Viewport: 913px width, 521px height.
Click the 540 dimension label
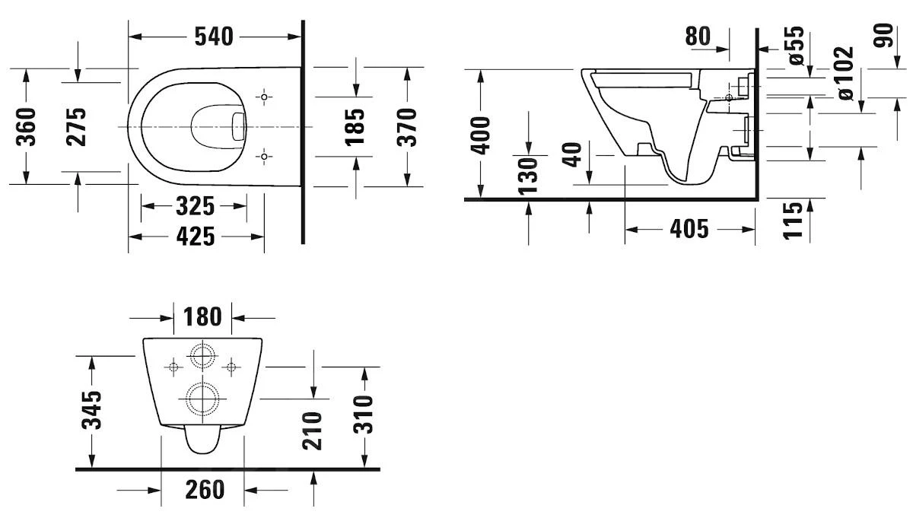click(x=213, y=36)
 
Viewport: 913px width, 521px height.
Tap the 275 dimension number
click(x=77, y=126)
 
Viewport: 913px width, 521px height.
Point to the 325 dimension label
click(x=196, y=206)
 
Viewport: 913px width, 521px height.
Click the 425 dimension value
click(x=196, y=237)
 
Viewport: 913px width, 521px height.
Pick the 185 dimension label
click(x=355, y=126)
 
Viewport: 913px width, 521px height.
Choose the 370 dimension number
click(x=408, y=126)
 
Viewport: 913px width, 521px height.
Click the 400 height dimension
click(x=481, y=135)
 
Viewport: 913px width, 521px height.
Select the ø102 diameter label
click(x=845, y=74)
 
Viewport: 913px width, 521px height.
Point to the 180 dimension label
click(x=202, y=316)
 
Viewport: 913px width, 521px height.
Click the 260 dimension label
click(x=205, y=490)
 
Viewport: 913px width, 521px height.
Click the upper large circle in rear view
click(x=202, y=356)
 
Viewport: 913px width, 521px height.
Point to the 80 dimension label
click(x=698, y=36)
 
